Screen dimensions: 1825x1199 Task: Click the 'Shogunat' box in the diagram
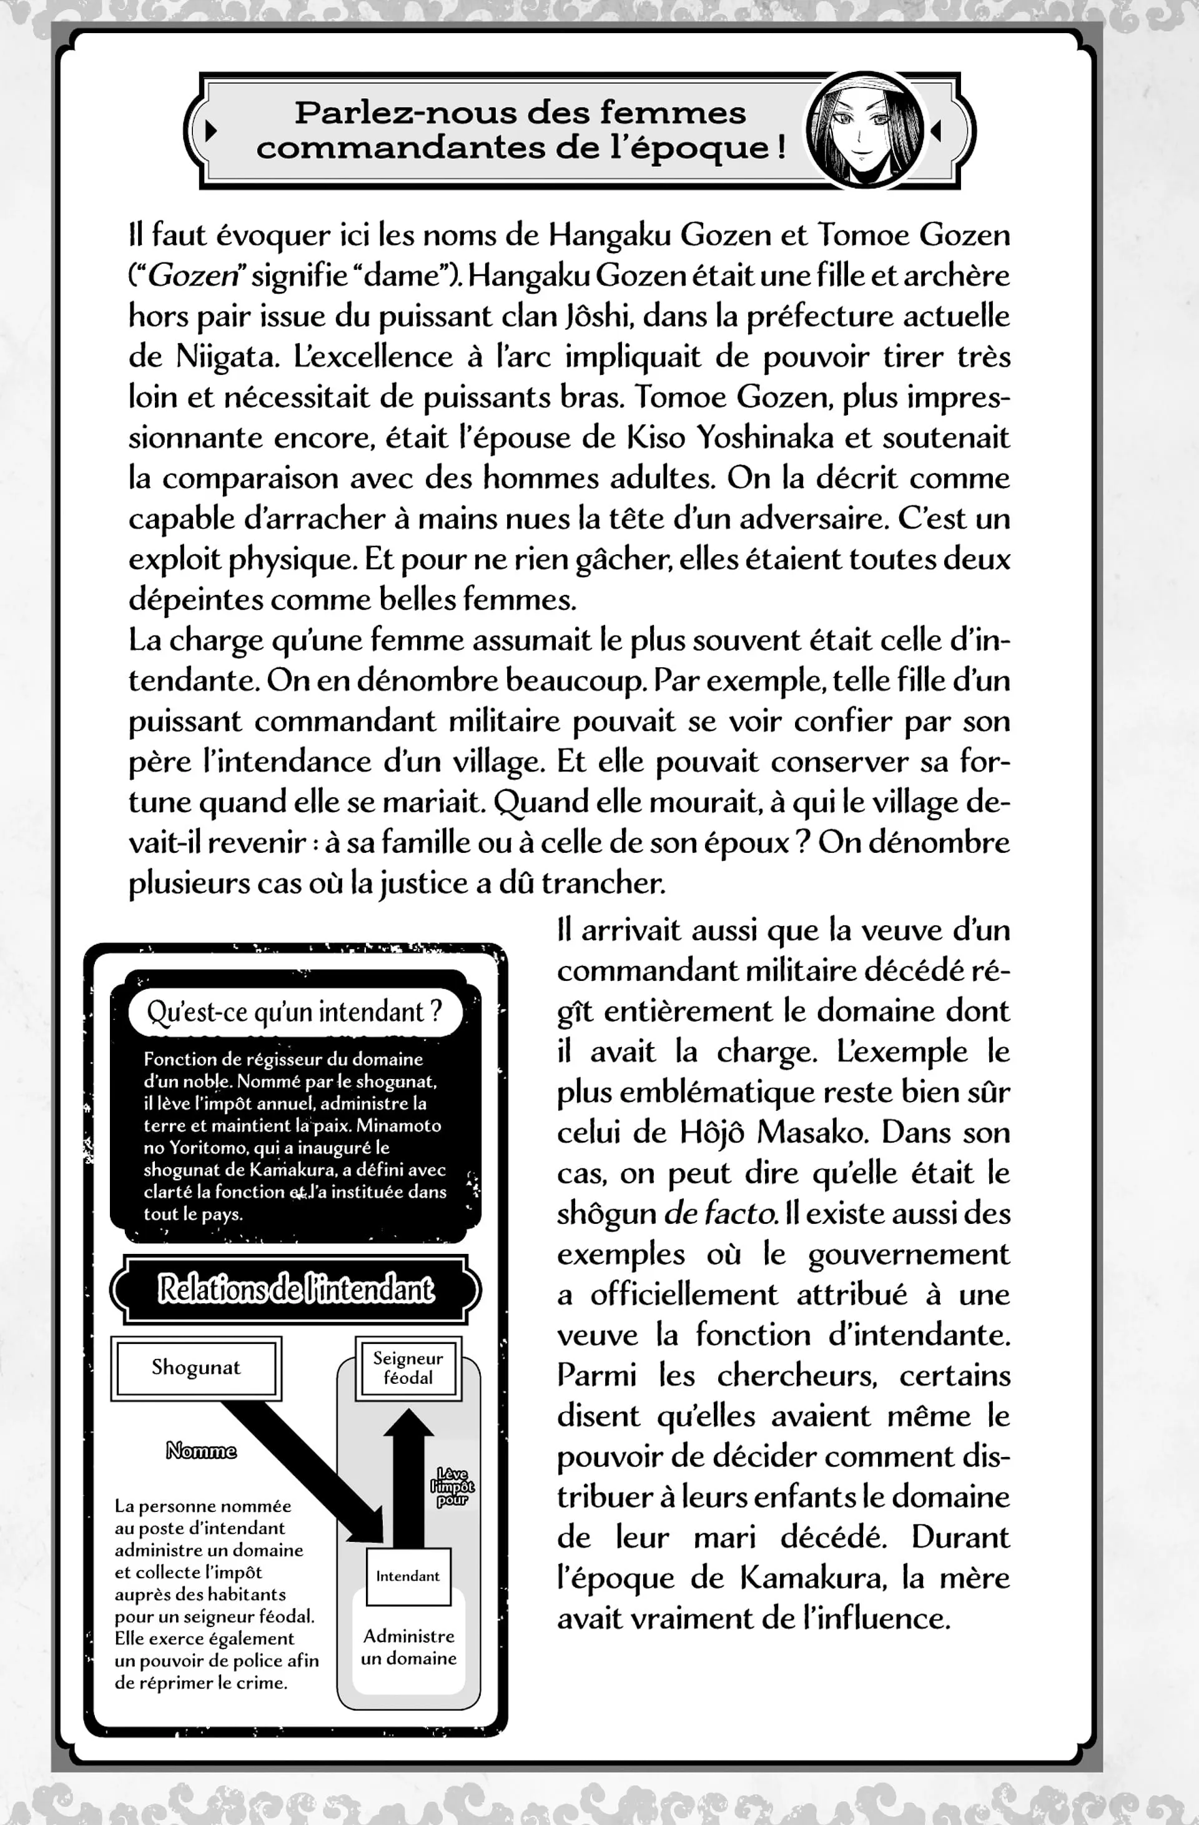pos(195,1367)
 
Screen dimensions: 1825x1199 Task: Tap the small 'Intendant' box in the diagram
pos(408,1576)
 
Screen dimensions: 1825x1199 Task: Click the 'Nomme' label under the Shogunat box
pos(202,1451)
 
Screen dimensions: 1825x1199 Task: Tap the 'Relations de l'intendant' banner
pos(296,1290)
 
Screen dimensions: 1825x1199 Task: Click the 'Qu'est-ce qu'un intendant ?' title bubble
pos(295,1012)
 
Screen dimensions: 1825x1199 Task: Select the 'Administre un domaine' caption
pos(408,1647)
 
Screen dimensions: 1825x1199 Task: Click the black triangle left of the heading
pos(212,131)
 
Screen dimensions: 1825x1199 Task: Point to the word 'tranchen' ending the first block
pos(603,883)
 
